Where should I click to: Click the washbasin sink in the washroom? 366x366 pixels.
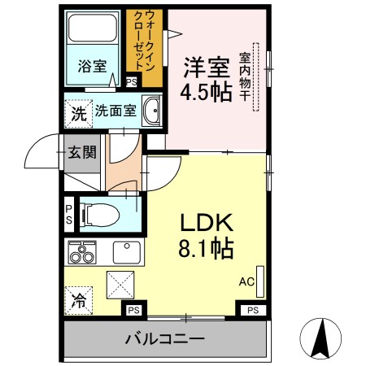coord(150,111)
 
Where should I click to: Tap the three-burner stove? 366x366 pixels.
coord(81,254)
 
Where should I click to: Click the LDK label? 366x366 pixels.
coord(207,221)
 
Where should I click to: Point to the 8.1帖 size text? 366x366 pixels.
coord(207,246)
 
